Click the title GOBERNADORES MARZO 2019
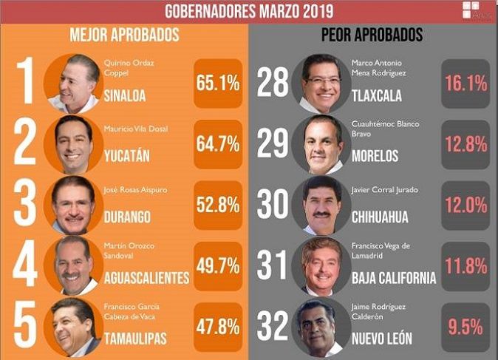tap(248, 11)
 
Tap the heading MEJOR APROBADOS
tap(124, 35)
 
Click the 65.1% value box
tap(218, 84)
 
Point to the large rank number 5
tap(25, 326)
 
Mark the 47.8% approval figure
tap(218, 326)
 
